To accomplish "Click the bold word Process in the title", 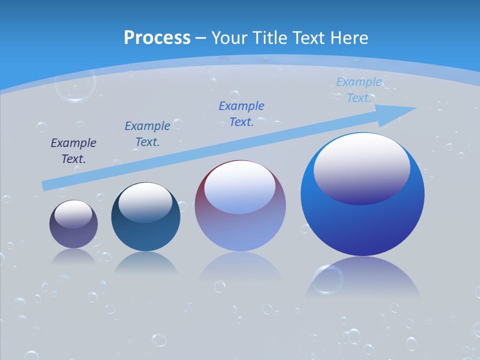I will click(157, 38).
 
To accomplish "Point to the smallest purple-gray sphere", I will click(73, 235).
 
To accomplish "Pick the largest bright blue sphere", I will click(362, 225).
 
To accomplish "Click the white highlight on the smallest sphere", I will click(73, 213).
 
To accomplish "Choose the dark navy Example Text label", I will click(73, 151).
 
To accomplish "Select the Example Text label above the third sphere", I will click(241, 113).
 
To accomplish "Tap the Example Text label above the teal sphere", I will click(147, 134).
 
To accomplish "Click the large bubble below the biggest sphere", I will click(328, 278).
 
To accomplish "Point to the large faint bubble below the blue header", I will click(75, 85).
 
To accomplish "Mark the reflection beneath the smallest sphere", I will click(73, 257).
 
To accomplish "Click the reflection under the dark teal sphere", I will click(145, 263).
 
